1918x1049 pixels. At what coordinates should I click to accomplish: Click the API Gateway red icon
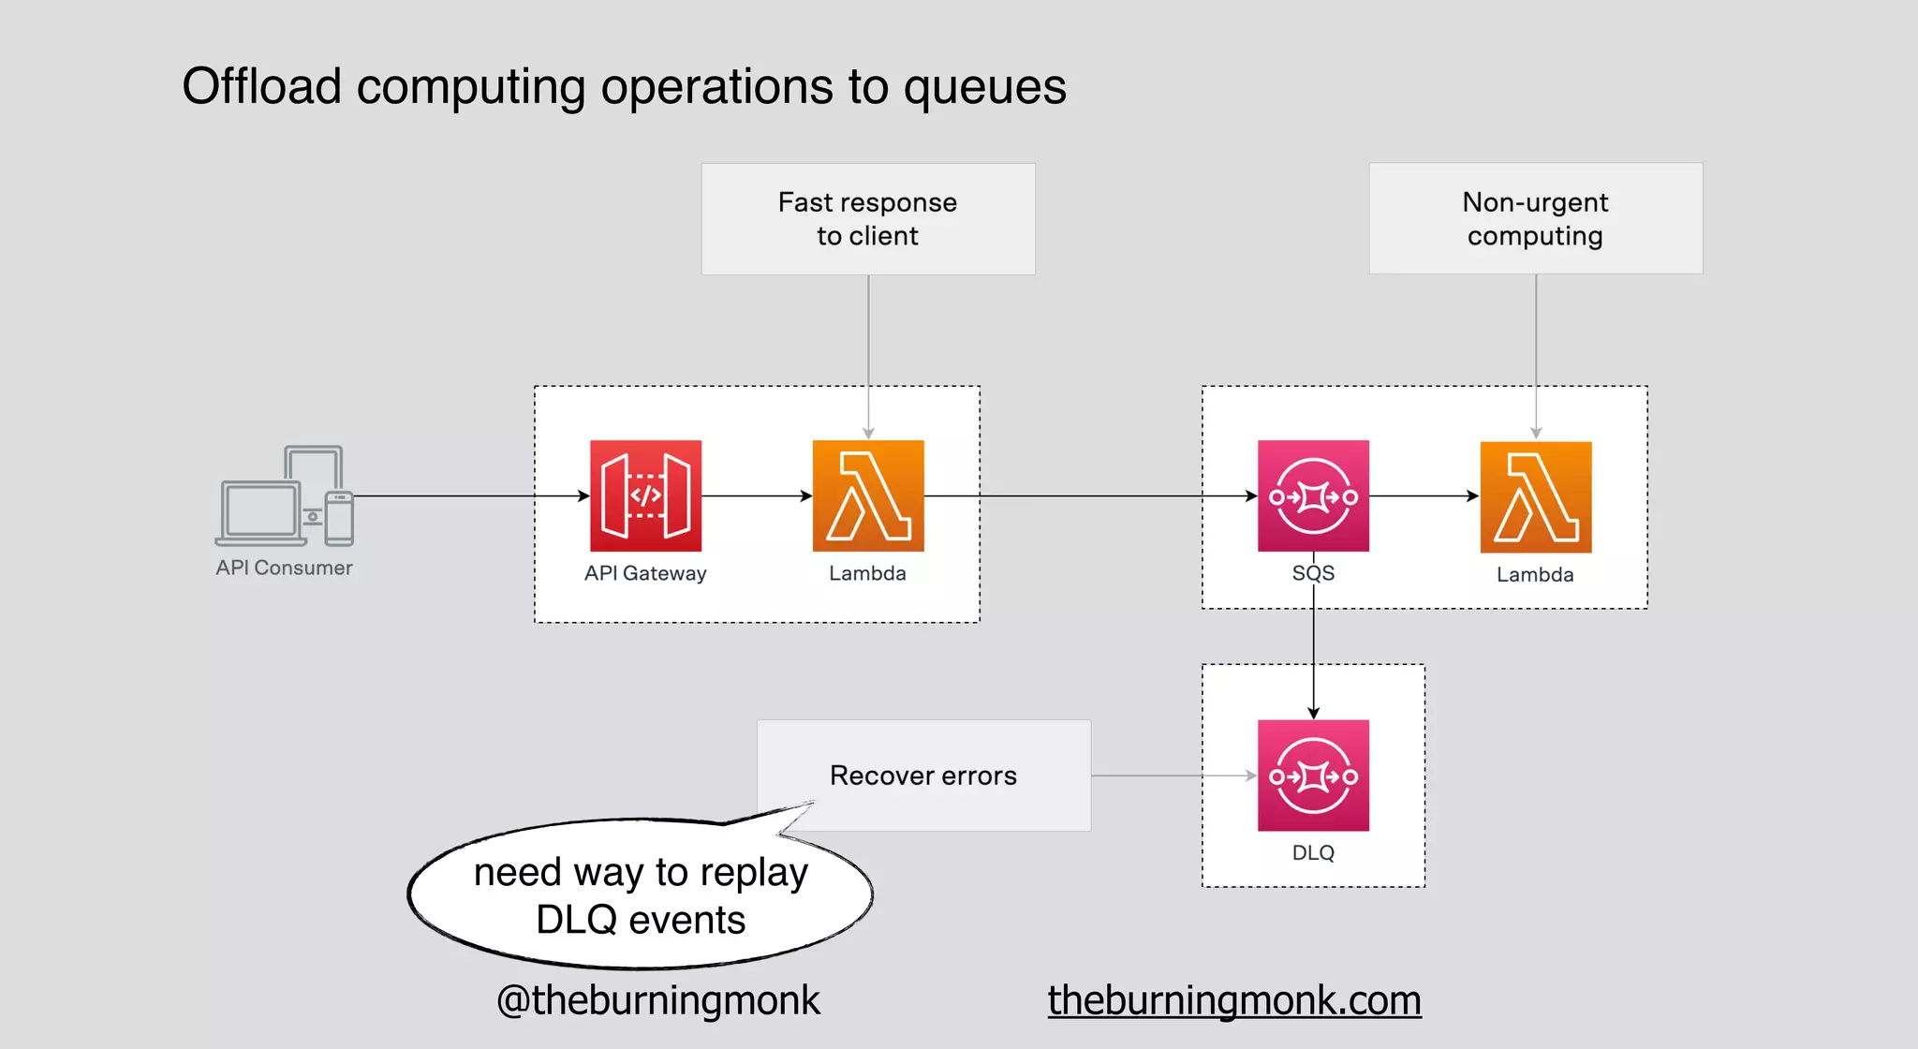click(x=645, y=495)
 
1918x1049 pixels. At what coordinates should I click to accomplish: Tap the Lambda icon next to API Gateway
click(x=868, y=495)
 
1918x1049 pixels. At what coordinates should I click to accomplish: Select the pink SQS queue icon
click(x=1313, y=495)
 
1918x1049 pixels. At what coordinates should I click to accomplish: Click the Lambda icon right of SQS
click(x=1536, y=496)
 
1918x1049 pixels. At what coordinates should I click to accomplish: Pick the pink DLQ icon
click(x=1313, y=775)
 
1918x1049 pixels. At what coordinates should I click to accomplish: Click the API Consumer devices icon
click(x=285, y=495)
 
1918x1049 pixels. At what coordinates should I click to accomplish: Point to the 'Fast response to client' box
click(x=868, y=219)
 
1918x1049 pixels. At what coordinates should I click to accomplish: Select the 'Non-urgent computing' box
click(x=1536, y=219)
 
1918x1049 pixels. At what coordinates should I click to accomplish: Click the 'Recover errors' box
click(x=923, y=776)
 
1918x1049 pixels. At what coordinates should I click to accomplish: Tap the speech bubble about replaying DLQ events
click(x=641, y=895)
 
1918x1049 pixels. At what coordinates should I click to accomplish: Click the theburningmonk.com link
click(x=1234, y=1000)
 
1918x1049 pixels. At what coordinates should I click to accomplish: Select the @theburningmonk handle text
click(x=658, y=1000)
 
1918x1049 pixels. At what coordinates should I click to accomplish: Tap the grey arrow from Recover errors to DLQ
click(x=1171, y=776)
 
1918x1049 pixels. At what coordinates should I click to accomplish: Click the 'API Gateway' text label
click(x=645, y=573)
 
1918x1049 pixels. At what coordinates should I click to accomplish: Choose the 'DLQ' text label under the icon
click(x=1313, y=852)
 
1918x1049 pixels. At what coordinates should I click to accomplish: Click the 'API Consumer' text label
click(x=284, y=568)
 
